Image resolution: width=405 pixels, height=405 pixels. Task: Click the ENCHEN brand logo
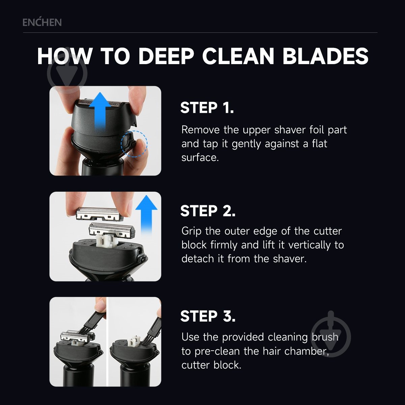pos(42,22)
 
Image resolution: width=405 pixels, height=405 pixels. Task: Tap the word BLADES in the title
pos(325,56)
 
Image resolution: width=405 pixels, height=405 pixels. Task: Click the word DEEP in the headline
pos(166,56)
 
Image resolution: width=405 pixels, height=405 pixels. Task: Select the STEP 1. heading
pos(207,108)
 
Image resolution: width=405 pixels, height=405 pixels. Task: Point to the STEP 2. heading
pos(208,211)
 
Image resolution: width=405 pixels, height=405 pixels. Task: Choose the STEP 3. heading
pos(208,316)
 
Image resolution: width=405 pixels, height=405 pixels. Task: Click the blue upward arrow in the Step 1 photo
pos(100,111)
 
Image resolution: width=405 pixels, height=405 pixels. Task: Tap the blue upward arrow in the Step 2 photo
pos(146,214)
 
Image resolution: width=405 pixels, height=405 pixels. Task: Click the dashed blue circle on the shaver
pos(134,144)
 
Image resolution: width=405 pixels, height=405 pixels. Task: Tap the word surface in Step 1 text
pos(200,158)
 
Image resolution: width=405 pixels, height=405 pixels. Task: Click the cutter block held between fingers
pos(100,214)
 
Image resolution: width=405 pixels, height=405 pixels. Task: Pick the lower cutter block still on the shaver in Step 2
pos(111,230)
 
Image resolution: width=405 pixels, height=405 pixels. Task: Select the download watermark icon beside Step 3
pos(331,334)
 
